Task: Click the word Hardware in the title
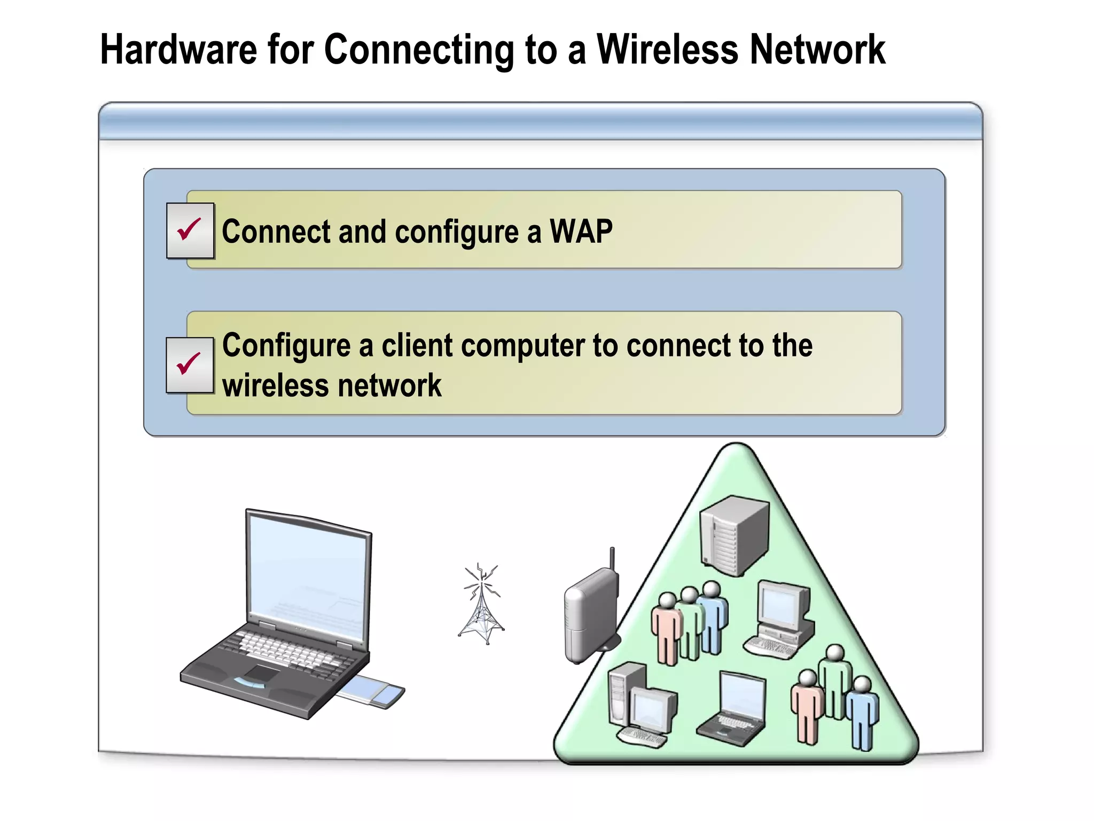178,49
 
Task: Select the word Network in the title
817,49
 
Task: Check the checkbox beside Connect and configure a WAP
190,230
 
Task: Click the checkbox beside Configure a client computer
190,365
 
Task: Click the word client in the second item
417,345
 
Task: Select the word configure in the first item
457,233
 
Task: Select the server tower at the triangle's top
734,535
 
